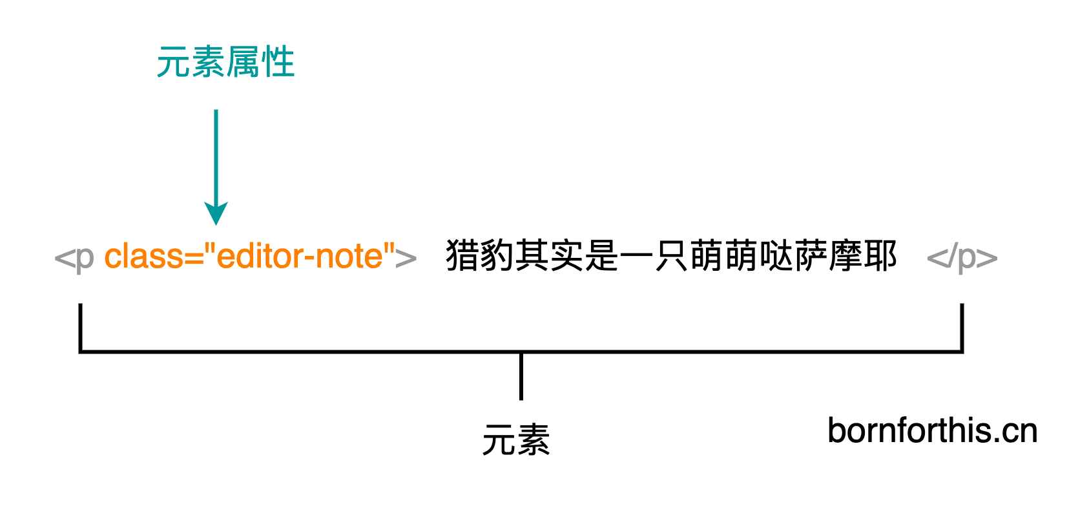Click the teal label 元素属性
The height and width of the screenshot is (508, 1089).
point(225,62)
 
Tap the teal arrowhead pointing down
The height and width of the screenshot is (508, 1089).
point(216,213)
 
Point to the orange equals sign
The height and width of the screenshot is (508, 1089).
point(194,258)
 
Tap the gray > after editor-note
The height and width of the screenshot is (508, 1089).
point(406,258)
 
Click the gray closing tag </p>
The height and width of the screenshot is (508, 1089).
point(962,258)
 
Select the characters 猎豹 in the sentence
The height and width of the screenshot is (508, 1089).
point(481,255)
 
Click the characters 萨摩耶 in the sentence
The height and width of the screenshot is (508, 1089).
point(845,255)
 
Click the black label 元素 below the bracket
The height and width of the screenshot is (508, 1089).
point(516,439)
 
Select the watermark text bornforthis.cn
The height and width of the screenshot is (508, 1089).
point(933,430)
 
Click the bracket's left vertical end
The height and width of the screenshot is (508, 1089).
point(80,328)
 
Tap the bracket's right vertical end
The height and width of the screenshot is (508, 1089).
point(962,328)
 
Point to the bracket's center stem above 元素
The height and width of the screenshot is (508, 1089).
point(521,376)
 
